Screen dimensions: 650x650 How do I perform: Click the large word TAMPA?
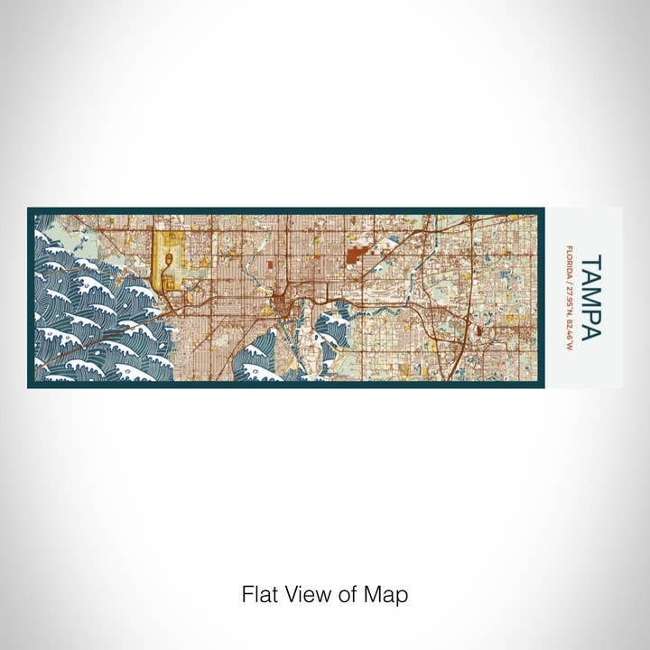(591, 297)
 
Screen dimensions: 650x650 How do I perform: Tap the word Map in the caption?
(389, 595)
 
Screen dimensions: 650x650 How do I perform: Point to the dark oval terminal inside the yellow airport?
(168, 262)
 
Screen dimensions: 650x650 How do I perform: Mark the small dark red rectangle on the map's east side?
(478, 331)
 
